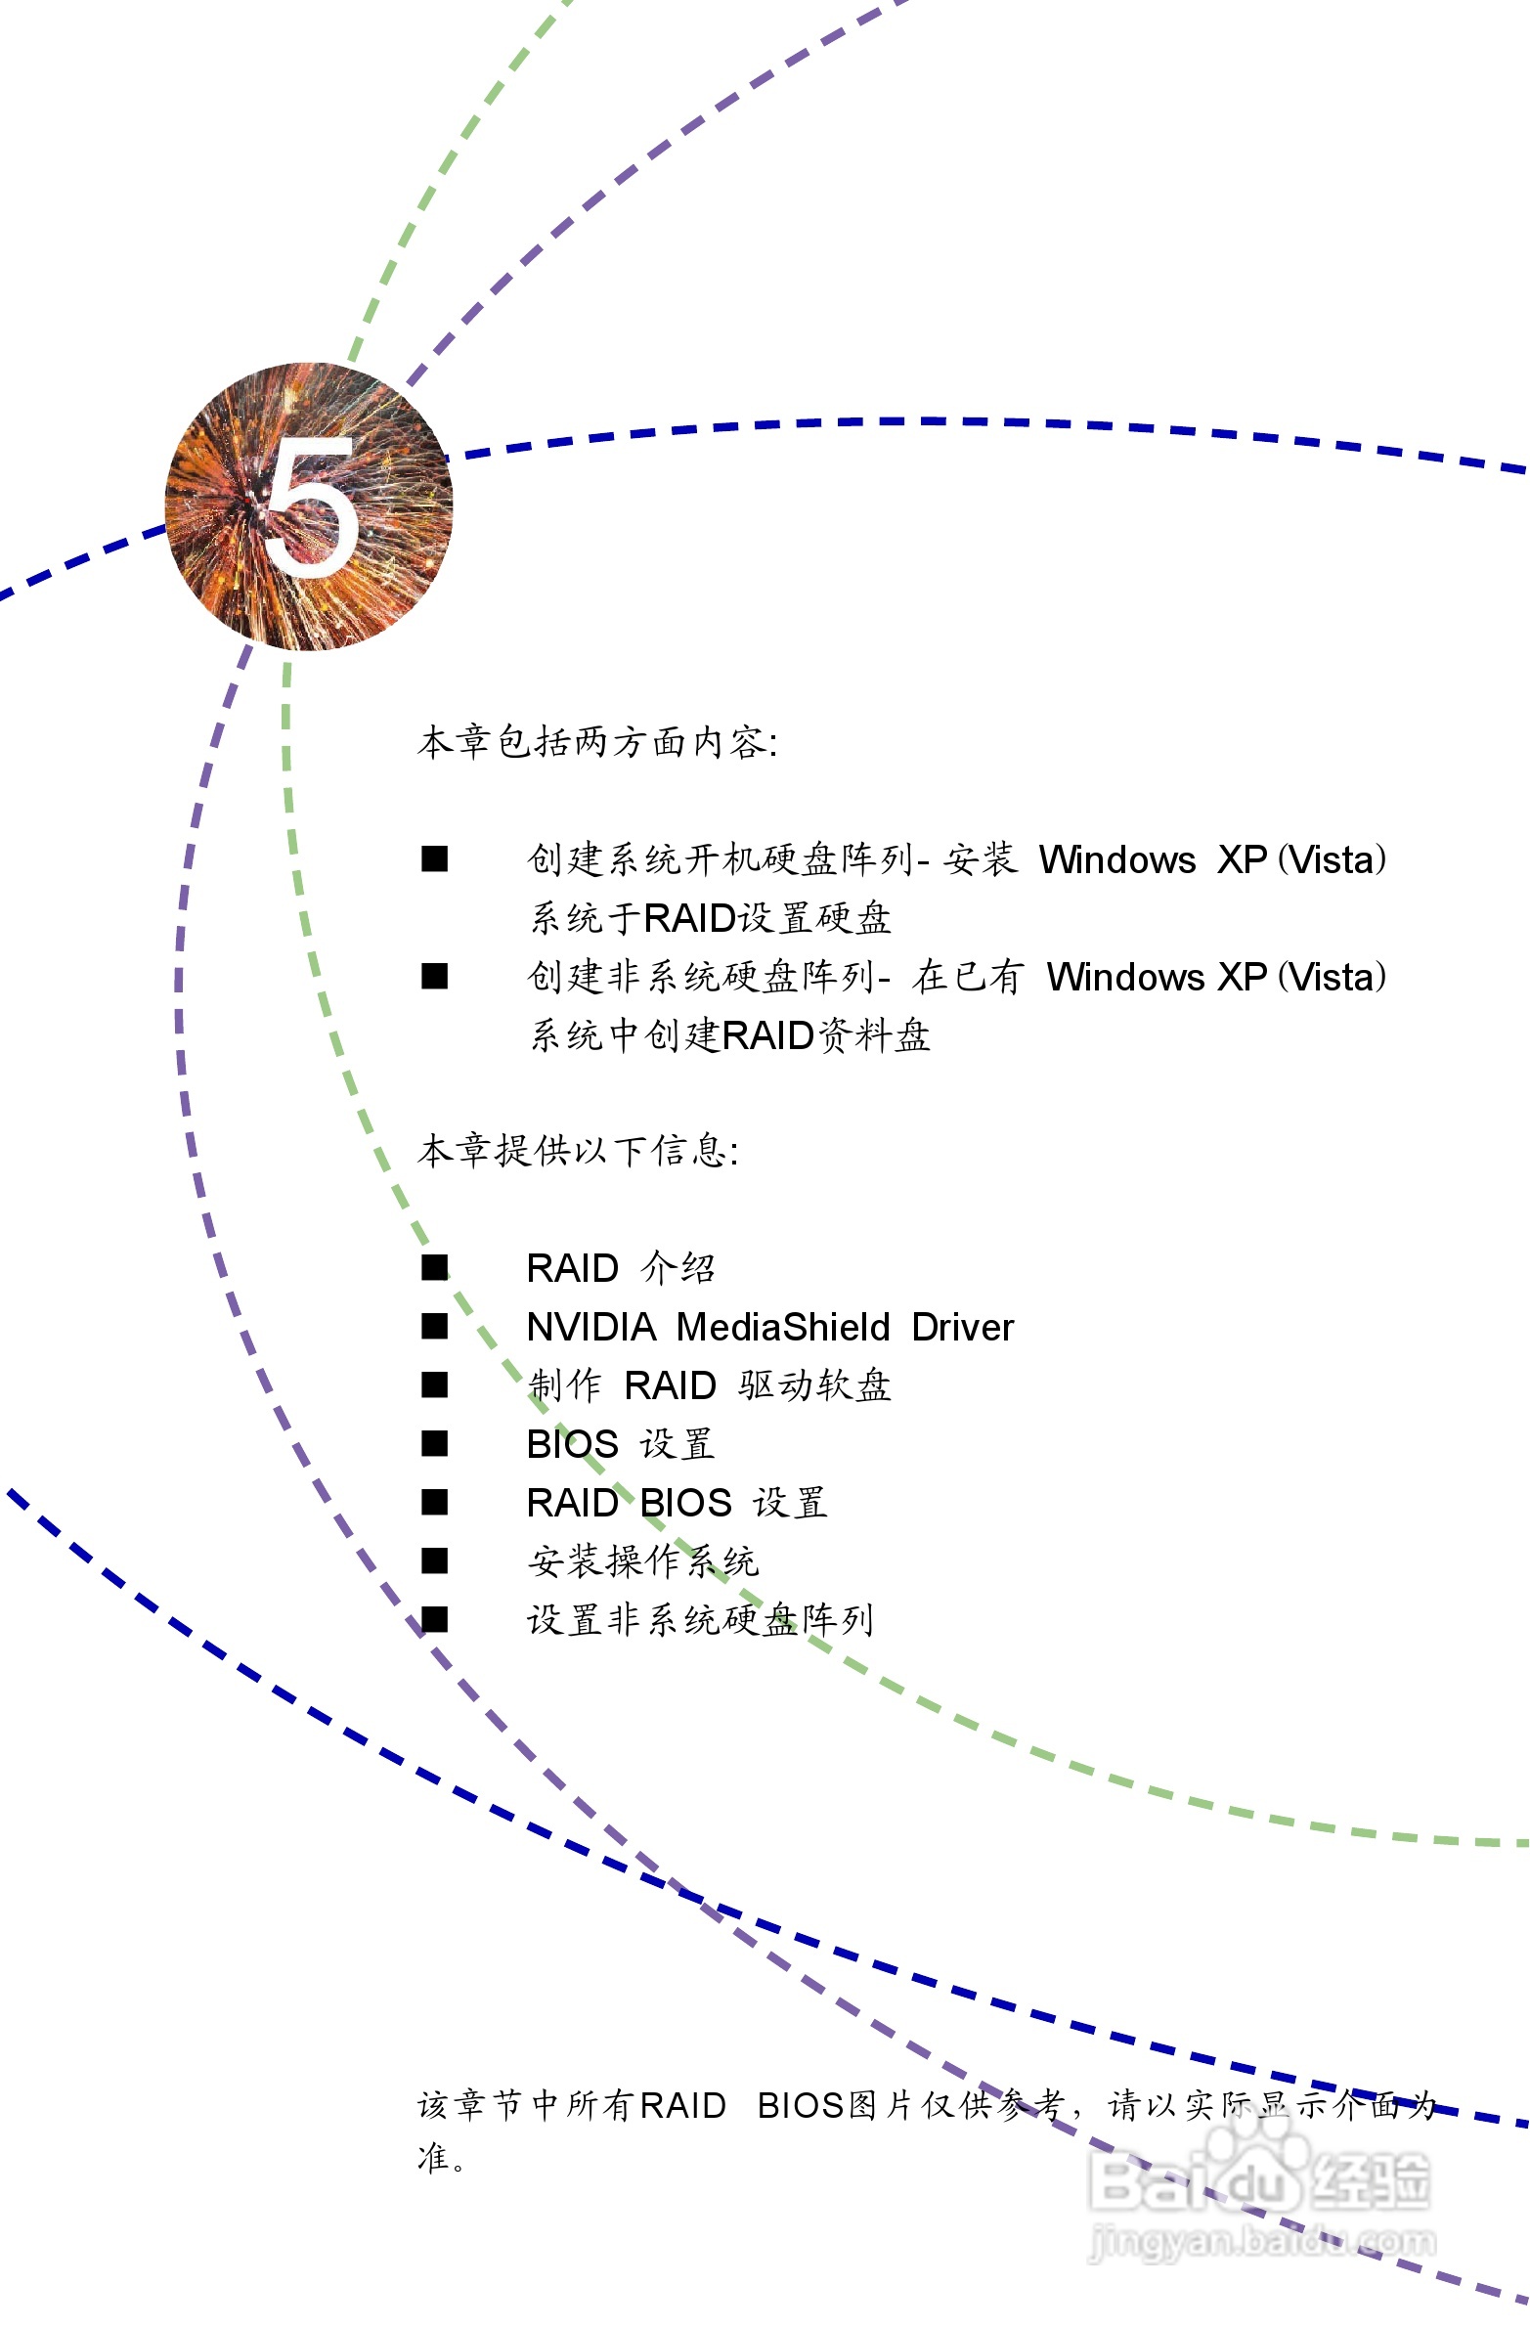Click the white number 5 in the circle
tap(311, 506)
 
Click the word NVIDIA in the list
tap(590, 1328)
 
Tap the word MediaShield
tap(783, 1328)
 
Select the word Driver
tap(963, 1328)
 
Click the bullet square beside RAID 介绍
tap(434, 1268)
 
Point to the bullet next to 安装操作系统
tap(434, 1561)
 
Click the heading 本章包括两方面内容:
tap(596, 742)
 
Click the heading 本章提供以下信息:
tap(577, 1150)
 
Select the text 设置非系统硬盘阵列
tap(699, 1620)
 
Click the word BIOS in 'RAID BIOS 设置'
tap(685, 1503)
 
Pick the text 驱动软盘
tap(814, 1385)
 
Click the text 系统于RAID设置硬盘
tap(710, 918)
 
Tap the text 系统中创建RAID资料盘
tap(729, 1035)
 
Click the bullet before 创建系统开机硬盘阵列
tap(434, 858)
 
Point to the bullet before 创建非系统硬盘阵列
tap(434, 976)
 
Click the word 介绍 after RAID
tap(678, 1269)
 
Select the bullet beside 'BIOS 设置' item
tap(434, 1444)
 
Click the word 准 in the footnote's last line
tap(433, 2157)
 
